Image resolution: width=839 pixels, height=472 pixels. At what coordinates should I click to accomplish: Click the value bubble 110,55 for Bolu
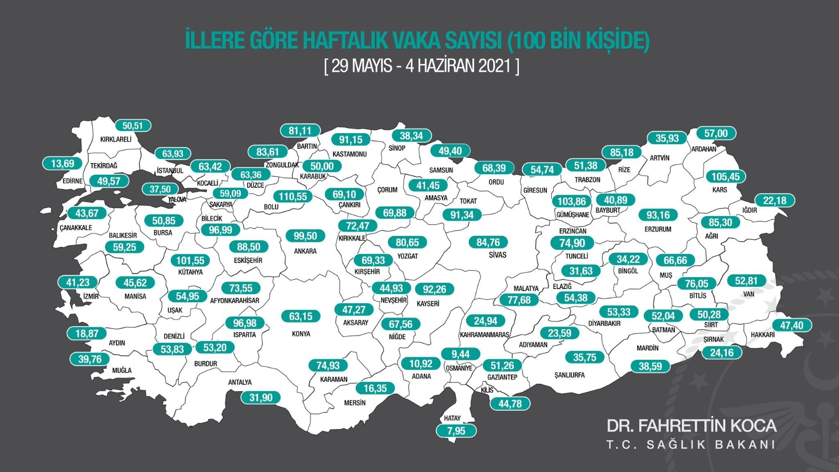click(x=293, y=197)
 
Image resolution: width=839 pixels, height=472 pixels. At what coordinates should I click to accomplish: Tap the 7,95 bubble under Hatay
click(x=456, y=431)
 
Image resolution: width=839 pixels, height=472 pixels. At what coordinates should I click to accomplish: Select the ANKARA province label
click(x=305, y=251)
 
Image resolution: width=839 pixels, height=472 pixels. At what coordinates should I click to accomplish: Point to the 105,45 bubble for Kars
click(x=726, y=177)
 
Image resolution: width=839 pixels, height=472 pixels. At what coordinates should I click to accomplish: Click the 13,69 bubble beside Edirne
click(x=62, y=164)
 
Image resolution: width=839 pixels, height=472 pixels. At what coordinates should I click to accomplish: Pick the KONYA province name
click(x=301, y=334)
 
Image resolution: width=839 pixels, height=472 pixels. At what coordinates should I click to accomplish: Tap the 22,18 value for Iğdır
click(x=775, y=200)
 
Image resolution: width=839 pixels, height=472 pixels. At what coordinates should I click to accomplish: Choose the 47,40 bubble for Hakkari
click(x=791, y=325)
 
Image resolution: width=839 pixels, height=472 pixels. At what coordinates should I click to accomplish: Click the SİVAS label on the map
click(x=498, y=255)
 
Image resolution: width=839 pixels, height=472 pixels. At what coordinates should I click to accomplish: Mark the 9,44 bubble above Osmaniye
click(x=460, y=354)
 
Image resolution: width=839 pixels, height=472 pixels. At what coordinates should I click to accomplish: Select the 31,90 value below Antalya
click(x=261, y=398)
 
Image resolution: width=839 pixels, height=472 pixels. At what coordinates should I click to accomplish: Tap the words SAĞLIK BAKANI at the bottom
click(x=711, y=445)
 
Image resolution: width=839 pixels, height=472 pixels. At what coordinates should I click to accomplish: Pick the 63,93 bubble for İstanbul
click(x=173, y=154)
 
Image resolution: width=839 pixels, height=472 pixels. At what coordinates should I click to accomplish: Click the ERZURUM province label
click(x=658, y=229)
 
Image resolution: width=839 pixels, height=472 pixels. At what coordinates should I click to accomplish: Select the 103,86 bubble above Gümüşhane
click(x=572, y=201)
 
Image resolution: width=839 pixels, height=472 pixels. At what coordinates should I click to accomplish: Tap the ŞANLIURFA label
click(x=569, y=375)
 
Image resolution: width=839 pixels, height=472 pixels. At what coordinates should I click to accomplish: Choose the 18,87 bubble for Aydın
click(x=87, y=334)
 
